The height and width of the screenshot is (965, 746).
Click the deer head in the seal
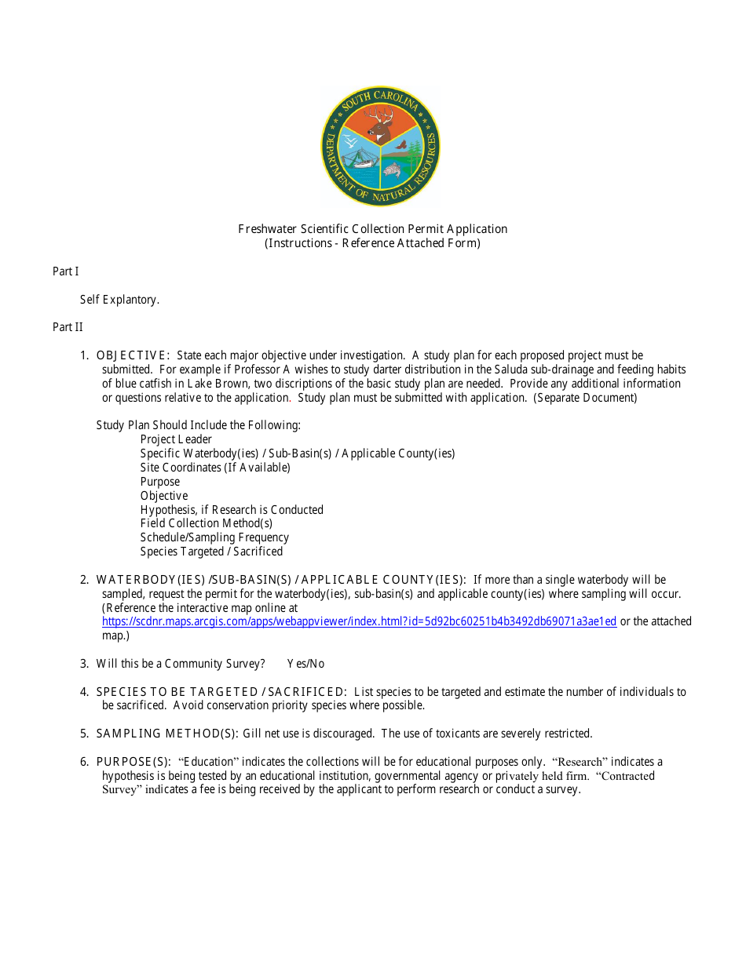tap(381, 124)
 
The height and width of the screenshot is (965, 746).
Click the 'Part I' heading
tap(66, 271)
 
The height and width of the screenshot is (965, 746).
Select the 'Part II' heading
tap(68, 327)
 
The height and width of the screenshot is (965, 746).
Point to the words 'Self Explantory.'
tap(119, 300)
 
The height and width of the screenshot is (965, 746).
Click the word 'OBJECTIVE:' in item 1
tap(133, 355)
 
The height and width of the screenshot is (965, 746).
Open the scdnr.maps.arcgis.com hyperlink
tap(359, 621)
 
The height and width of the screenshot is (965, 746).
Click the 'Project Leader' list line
tap(176, 439)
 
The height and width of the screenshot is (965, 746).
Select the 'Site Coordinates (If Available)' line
tap(215, 468)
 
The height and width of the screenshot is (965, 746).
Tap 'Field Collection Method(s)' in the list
tap(207, 523)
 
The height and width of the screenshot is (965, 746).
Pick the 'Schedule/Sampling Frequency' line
tap(214, 537)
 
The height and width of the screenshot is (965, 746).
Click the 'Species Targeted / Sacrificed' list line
tap(211, 552)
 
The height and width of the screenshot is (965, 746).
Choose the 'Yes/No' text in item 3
tap(305, 664)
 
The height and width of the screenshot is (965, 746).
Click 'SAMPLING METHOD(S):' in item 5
tap(167, 734)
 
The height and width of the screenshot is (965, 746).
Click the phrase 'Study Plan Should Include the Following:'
tap(199, 425)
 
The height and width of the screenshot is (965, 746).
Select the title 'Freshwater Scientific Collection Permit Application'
tap(373, 229)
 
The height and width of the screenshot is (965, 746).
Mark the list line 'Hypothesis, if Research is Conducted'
tap(232, 510)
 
